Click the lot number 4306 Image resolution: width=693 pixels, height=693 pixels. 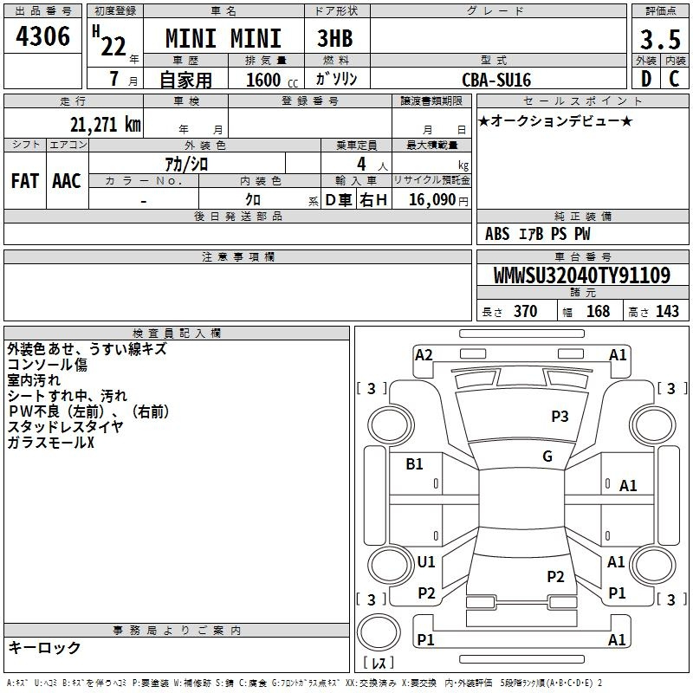[x=42, y=36]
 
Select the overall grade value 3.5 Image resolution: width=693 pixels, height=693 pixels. [x=660, y=39]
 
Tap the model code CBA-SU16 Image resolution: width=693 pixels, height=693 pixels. [x=496, y=80]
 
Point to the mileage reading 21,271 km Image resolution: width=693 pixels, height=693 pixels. [x=105, y=125]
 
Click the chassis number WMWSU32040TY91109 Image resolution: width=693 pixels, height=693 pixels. [x=582, y=275]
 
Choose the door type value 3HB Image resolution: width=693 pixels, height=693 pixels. [x=335, y=38]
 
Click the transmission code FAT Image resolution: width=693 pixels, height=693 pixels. [x=25, y=181]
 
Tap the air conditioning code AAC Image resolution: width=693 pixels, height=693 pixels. [x=67, y=181]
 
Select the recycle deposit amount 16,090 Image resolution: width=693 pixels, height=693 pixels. [x=432, y=200]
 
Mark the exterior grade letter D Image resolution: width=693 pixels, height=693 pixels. [x=646, y=79]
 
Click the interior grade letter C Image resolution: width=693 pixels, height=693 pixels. [x=674, y=79]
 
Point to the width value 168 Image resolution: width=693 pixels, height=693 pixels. [x=598, y=311]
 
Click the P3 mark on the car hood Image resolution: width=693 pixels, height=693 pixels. [x=560, y=416]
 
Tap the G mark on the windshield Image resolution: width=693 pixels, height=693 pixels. [x=547, y=457]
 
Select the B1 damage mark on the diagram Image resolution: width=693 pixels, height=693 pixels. [x=414, y=464]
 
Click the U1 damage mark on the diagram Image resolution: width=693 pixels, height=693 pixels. [x=426, y=562]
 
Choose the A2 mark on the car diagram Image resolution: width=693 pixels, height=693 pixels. [x=424, y=355]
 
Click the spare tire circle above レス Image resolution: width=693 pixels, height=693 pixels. [x=379, y=632]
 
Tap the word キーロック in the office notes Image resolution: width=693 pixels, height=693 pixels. [x=44, y=647]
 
